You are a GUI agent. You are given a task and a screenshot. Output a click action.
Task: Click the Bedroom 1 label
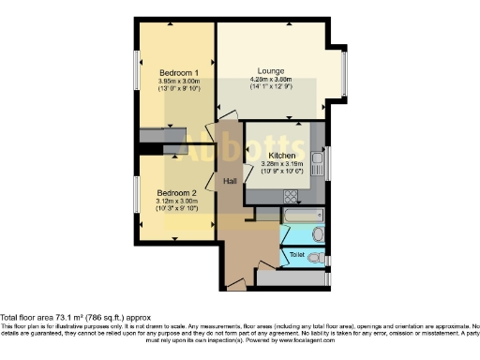point(177,72)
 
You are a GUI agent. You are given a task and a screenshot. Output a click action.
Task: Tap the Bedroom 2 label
point(176,192)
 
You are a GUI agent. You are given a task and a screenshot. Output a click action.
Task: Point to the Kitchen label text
point(282,156)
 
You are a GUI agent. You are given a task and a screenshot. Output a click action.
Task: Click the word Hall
point(230,181)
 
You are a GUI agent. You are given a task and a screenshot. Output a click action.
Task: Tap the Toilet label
point(297,254)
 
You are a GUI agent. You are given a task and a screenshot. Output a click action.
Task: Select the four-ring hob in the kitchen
point(292,196)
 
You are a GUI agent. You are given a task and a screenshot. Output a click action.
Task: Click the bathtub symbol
point(298,217)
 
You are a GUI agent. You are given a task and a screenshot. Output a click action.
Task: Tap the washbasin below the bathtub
point(318,234)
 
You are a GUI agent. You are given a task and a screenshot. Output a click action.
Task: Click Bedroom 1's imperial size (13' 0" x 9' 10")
point(177,89)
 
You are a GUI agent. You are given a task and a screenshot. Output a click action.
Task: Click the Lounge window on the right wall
point(345,73)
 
